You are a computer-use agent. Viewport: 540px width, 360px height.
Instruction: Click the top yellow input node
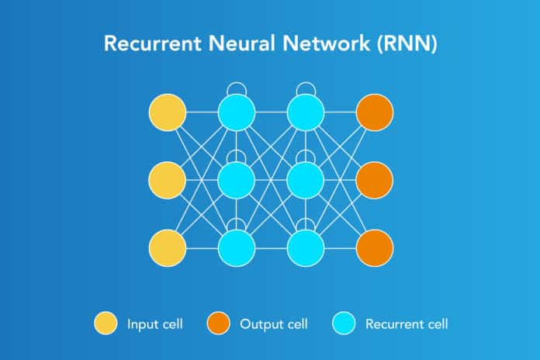(x=167, y=113)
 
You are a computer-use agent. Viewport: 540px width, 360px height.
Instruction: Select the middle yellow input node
(x=167, y=181)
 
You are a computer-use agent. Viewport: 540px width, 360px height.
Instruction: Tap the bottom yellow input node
(x=167, y=248)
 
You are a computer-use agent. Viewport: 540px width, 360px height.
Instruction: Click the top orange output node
(x=375, y=113)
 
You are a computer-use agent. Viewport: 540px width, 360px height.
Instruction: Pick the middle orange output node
(x=375, y=181)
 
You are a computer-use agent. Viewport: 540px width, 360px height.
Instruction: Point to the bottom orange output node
(x=375, y=248)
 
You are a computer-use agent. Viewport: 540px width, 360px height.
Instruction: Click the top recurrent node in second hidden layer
(x=306, y=113)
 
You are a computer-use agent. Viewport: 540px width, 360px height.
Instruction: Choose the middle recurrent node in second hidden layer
(x=306, y=181)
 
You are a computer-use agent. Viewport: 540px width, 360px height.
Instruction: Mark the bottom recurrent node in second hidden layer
(x=306, y=248)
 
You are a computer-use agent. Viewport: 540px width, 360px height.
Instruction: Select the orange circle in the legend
(x=219, y=324)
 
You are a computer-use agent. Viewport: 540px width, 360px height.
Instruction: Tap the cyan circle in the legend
(x=341, y=324)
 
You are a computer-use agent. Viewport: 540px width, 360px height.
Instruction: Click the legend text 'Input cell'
(x=154, y=324)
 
